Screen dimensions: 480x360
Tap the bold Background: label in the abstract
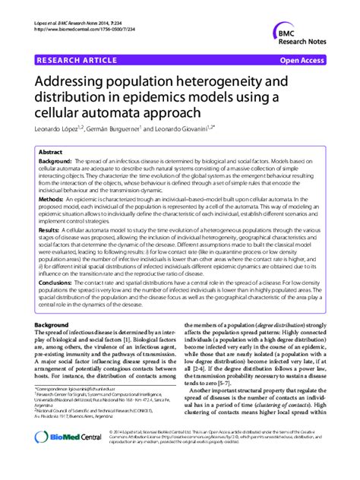coord(55,163)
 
